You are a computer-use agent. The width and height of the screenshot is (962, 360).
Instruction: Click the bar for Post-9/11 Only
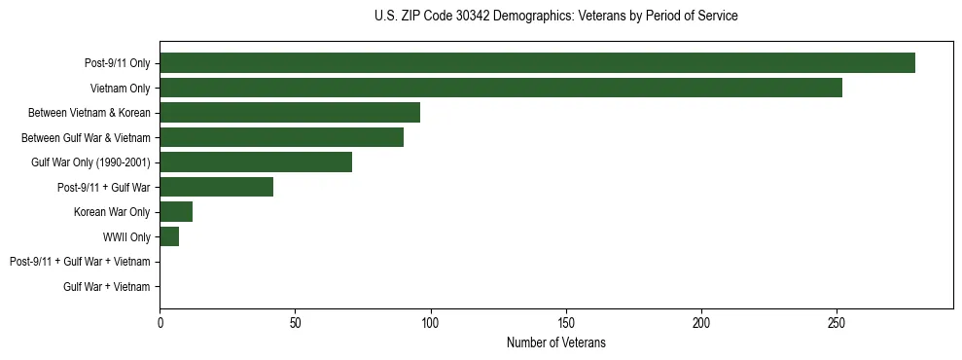pyautogui.click(x=537, y=63)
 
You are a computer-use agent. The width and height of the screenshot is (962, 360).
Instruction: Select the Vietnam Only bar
pyautogui.click(x=501, y=88)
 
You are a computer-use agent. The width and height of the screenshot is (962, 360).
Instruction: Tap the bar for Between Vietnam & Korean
pyautogui.click(x=290, y=112)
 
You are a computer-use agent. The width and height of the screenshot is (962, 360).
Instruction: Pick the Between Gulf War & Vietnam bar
pyautogui.click(x=281, y=137)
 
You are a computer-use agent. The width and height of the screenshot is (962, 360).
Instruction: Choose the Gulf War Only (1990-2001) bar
pyautogui.click(x=256, y=162)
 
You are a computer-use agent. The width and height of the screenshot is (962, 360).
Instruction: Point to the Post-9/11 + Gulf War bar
pyautogui.click(x=216, y=187)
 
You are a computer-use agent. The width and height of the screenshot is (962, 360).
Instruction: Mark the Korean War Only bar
pyautogui.click(x=176, y=211)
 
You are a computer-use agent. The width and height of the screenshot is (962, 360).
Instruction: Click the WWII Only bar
pyautogui.click(x=169, y=236)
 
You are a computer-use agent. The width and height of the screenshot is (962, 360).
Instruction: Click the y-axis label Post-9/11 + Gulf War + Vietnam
pyautogui.click(x=80, y=262)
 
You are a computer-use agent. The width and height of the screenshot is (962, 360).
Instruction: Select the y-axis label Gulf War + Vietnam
pyautogui.click(x=107, y=286)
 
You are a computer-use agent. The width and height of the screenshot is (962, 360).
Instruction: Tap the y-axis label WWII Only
pyautogui.click(x=126, y=236)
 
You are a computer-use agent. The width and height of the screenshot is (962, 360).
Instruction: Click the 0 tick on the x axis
pyautogui.click(x=160, y=320)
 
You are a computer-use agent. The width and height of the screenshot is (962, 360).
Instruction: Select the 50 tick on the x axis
pyautogui.click(x=296, y=320)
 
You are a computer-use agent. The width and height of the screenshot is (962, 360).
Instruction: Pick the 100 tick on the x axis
pyautogui.click(x=431, y=320)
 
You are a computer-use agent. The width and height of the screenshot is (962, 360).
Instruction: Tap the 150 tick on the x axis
pyautogui.click(x=566, y=320)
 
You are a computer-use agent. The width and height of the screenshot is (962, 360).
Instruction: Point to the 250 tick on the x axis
pyautogui.click(x=837, y=320)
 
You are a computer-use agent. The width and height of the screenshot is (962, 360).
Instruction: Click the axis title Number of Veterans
pyautogui.click(x=555, y=342)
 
